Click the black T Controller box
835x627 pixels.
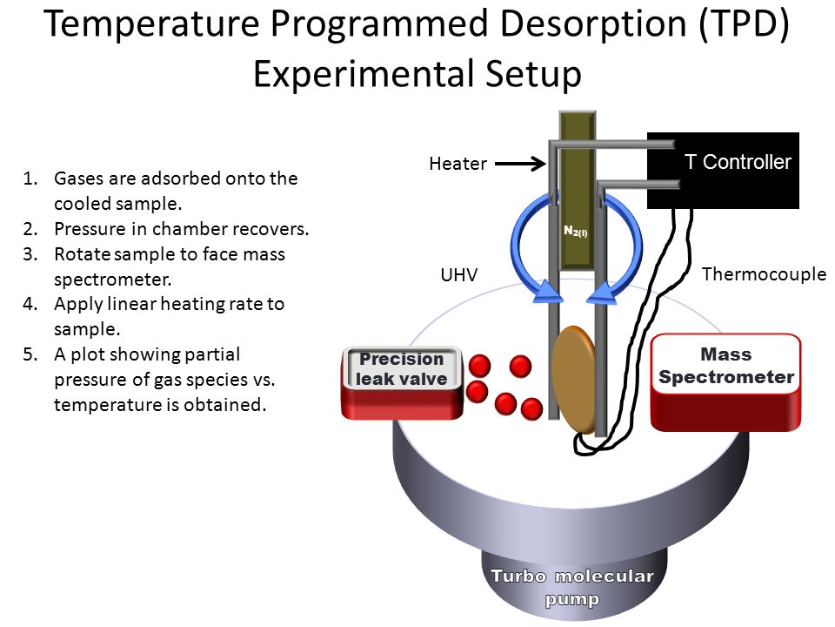723,170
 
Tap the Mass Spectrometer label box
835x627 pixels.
725,365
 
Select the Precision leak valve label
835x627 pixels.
402,368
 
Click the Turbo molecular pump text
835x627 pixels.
572,587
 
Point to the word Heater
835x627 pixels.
458,164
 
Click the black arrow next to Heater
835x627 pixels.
520,164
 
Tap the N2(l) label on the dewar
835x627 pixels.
576,232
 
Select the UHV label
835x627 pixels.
459,275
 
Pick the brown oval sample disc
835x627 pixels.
574,379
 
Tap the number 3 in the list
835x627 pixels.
30,254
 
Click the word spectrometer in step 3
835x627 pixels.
112,280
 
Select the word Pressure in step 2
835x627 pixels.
90,229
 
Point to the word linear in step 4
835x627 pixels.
132,304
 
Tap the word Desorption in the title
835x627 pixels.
594,25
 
